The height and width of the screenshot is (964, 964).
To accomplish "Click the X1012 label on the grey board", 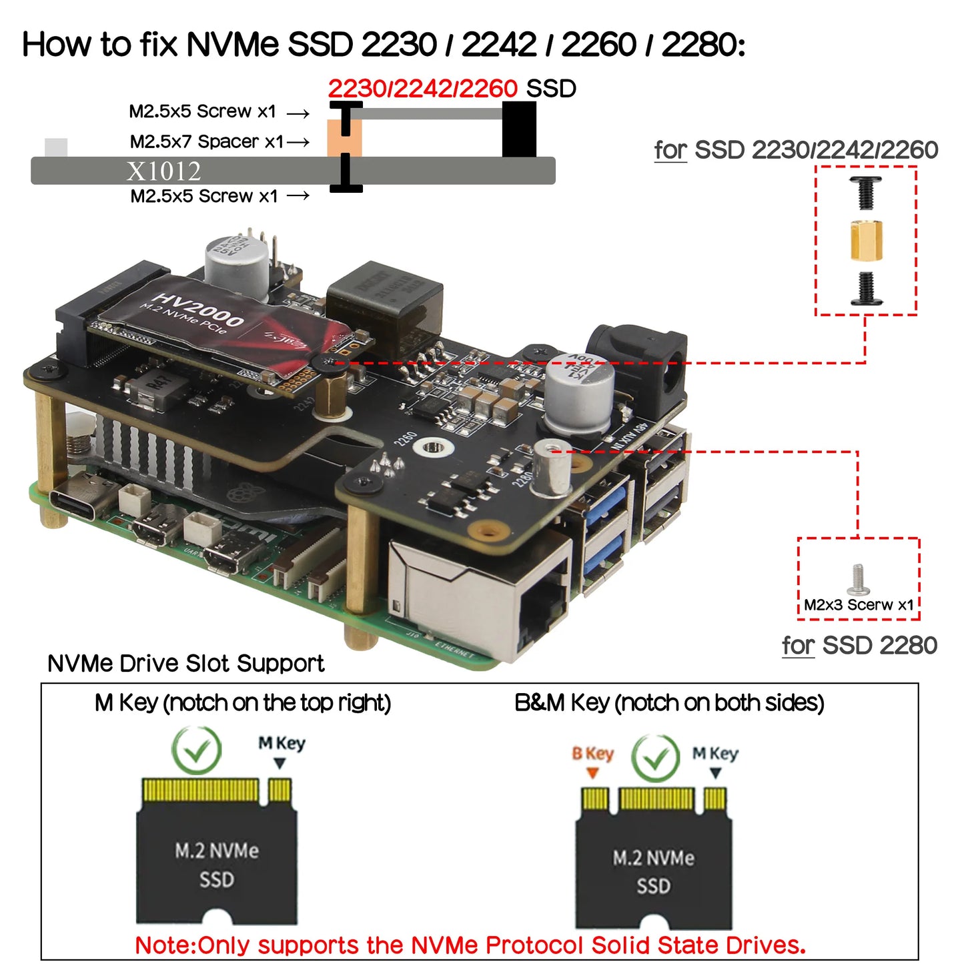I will [163, 171].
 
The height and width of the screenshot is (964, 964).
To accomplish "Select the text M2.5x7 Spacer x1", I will [207, 142].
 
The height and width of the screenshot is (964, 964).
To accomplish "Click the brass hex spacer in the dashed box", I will [866, 241].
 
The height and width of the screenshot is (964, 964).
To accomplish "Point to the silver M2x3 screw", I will [857, 580].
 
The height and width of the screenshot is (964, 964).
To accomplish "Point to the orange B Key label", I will [592, 754].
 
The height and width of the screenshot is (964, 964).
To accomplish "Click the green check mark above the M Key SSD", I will [196, 751].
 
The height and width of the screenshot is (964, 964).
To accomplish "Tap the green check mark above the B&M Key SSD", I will [656, 759].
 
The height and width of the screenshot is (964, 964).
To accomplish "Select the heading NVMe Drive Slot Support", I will [185, 664].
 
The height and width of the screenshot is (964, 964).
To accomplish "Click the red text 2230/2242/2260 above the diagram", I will [422, 89].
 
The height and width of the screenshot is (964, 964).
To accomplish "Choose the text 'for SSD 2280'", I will [859, 646].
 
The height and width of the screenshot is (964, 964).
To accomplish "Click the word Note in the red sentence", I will [164, 945].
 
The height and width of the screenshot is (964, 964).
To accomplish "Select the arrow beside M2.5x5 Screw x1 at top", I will [298, 113].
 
